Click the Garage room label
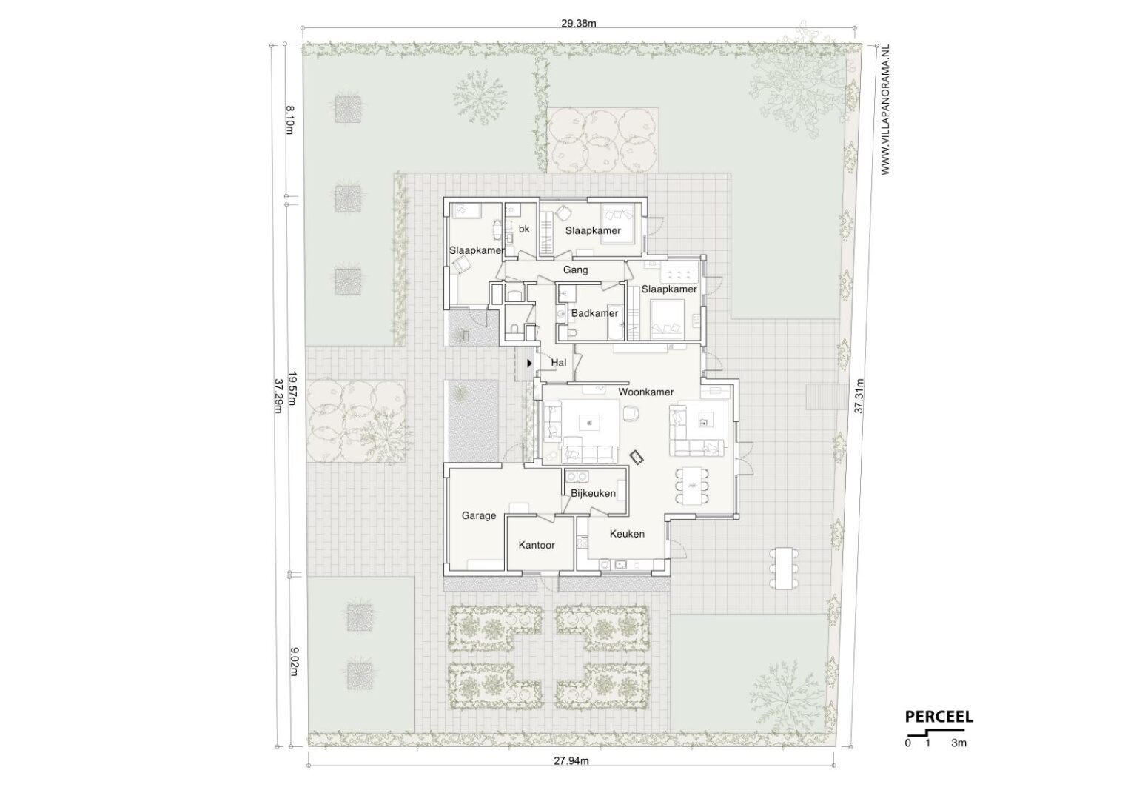478,515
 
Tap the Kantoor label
537,545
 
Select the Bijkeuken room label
593,493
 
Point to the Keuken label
627,534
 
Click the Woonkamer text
645,392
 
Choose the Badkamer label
594,313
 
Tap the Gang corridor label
575,270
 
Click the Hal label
559,363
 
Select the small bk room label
524,229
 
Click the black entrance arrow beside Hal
529,363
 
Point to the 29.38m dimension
579,23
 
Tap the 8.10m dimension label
289,120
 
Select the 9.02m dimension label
295,662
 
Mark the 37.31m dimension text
859,396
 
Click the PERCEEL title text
939,717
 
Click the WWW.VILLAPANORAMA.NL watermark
886,110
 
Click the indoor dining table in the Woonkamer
692,486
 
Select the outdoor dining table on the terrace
784,569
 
